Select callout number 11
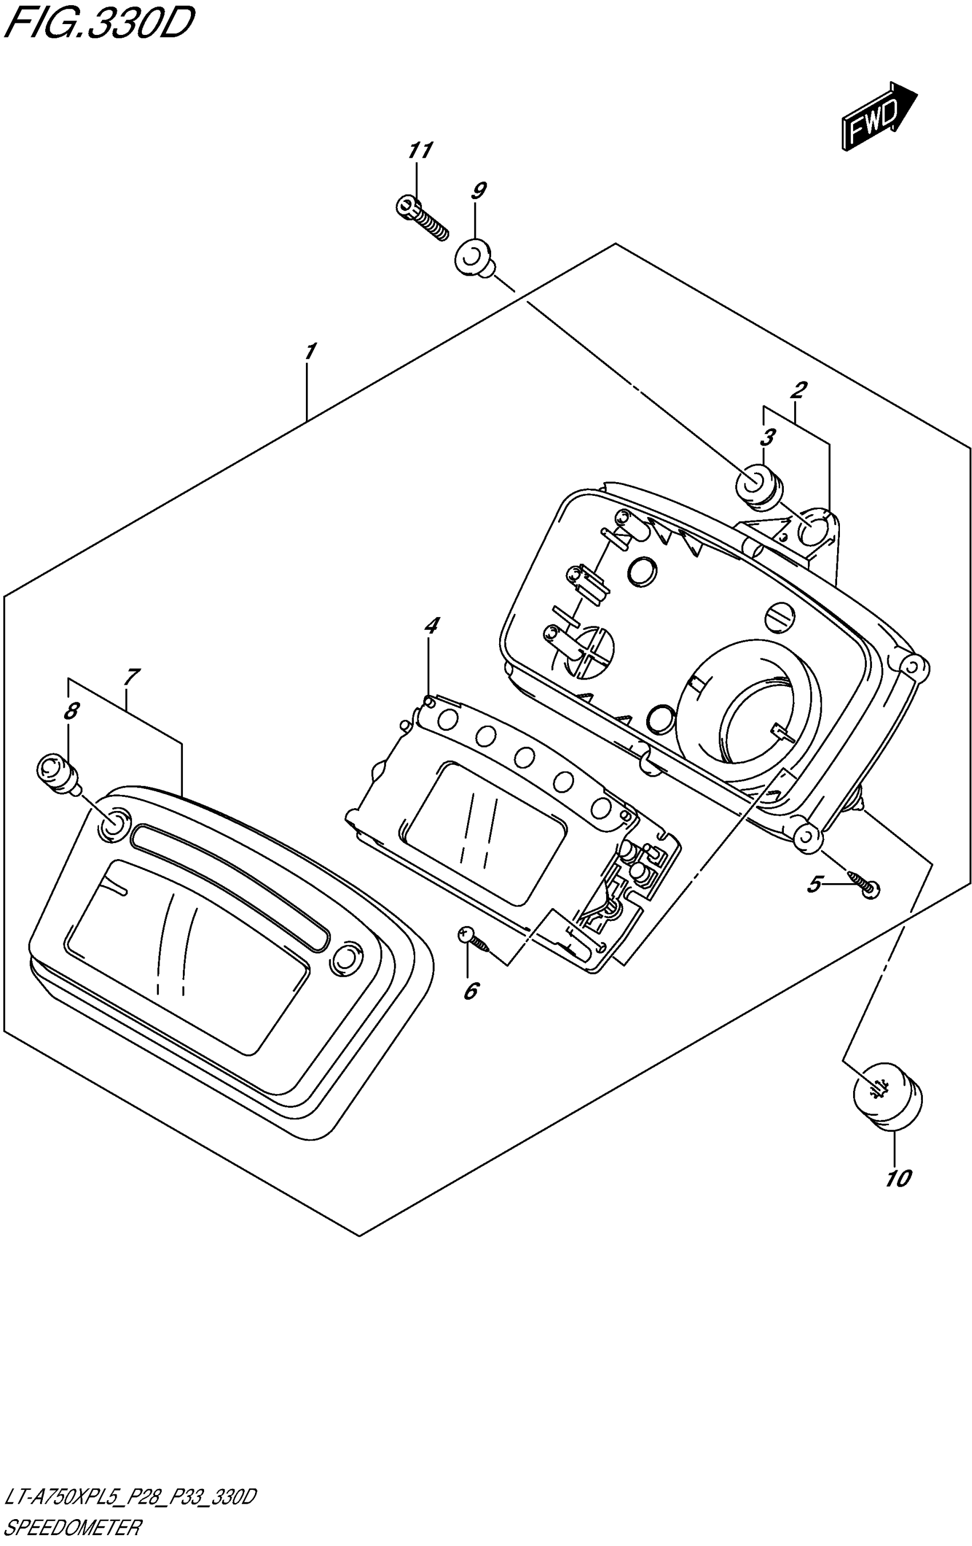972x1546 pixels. [420, 151]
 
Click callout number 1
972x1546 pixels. [309, 352]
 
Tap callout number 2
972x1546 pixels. [799, 390]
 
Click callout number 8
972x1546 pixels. [71, 711]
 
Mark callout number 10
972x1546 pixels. [898, 1178]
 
